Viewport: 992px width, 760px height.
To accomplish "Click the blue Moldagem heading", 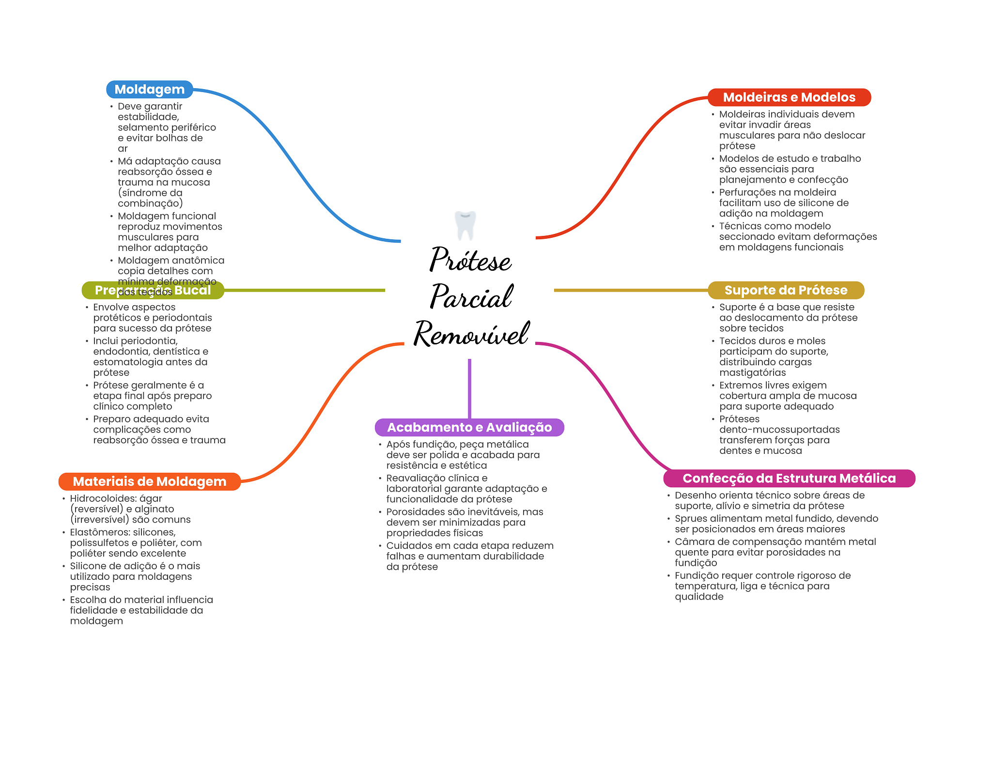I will (x=149, y=90).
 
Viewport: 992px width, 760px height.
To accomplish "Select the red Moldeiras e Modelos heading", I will (x=789, y=97).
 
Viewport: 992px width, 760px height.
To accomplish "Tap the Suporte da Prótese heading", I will (x=786, y=290).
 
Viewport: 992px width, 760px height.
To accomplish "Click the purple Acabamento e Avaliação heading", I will (x=469, y=427).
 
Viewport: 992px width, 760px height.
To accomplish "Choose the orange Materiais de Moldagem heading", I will (x=150, y=481).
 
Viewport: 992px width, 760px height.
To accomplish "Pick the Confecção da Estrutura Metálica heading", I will (x=789, y=479).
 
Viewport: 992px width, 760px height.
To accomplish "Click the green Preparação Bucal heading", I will (x=153, y=290).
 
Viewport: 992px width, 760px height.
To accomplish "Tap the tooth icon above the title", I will (x=465, y=225).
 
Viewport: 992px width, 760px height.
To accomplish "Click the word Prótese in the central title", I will (x=470, y=260).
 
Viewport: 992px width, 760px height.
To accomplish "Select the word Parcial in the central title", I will (x=471, y=296).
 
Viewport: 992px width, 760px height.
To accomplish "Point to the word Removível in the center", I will (x=471, y=333).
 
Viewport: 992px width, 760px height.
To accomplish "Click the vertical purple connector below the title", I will (x=469, y=388).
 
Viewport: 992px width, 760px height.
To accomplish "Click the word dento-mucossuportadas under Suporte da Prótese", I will (x=779, y=430).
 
